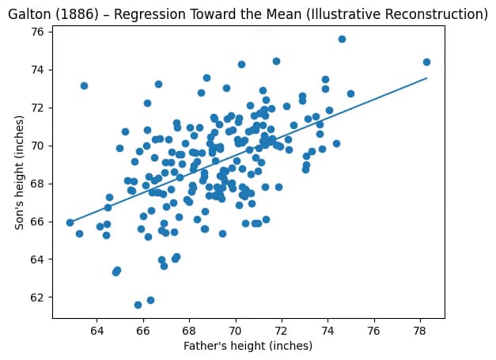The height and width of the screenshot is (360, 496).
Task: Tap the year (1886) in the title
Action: click(x=81, y=14)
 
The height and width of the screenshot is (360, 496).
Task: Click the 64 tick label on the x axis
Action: click(x=97, y=329)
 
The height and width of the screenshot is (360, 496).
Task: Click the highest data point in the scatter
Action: click(x=342, y=39)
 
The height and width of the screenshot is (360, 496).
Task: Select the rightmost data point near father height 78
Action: click(x=426, y=62)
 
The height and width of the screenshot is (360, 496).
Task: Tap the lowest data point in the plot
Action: click(x=138, y=305)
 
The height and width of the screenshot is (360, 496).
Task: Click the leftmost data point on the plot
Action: click(x=70, y=222)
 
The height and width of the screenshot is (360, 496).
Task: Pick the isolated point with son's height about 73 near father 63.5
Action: click(x=84, y=85)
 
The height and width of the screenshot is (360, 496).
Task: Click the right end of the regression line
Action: click(x=426, y=78)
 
